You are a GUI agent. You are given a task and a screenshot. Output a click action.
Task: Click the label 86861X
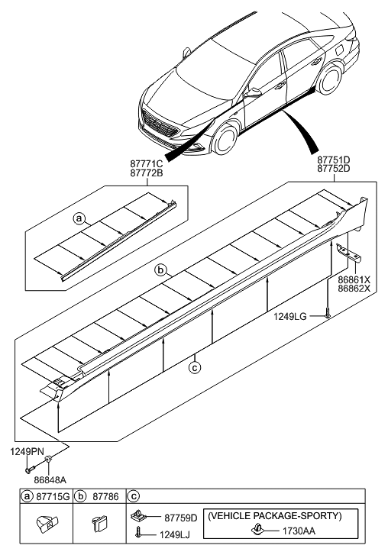tap(354, 279)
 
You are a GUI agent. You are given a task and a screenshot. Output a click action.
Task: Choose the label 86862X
tap(354, 289)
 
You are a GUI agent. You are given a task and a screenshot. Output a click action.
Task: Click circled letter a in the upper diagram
tap(79, 218)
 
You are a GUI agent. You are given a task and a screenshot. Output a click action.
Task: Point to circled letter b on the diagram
tap(161, 270)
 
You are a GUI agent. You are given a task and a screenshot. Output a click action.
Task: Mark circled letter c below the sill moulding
tap(195, 366)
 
